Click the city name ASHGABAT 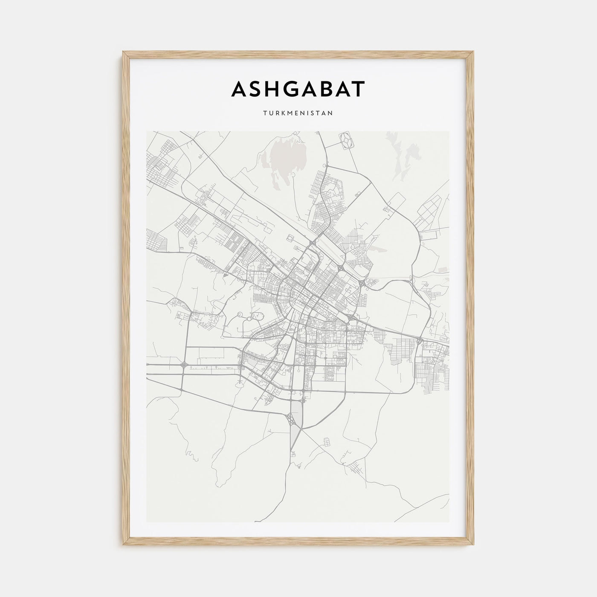(298, 89)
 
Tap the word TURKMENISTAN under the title (298, 114)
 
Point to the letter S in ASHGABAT (260, 89)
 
